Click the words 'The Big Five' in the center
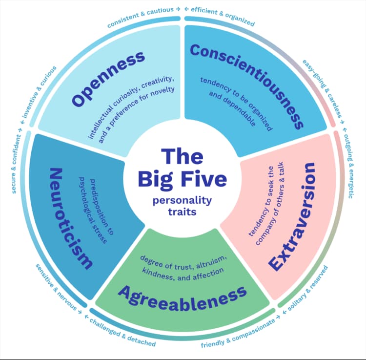[x=182, y=168]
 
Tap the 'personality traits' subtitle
[x=182, y=206]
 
